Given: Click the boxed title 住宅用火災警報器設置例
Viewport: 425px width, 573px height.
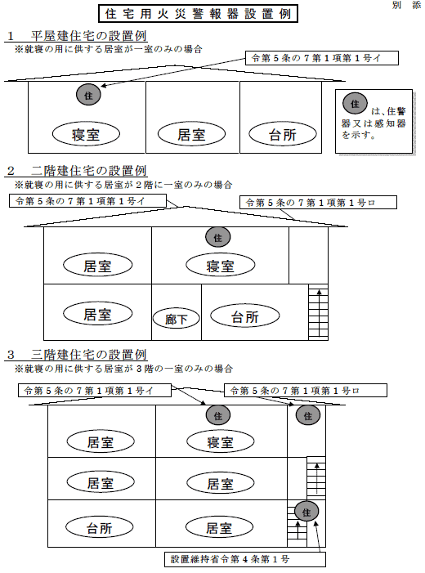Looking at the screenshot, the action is pos(198,14).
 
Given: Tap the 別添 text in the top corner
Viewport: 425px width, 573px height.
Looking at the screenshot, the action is pos(406,5).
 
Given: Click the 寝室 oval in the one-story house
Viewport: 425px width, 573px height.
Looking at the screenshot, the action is pos(86,134).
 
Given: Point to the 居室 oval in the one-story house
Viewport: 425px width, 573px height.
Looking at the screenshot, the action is pos(191,134).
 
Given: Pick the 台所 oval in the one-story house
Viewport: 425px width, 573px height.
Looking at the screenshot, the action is pos(283,134).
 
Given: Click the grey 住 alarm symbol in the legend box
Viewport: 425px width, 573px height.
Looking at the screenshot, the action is pos(355,104).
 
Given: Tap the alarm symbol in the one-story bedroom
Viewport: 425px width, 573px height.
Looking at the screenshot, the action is pos(88,95).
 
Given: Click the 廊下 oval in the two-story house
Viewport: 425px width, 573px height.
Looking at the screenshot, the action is pos(177,319).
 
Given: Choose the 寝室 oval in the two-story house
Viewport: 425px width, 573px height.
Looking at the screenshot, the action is pos(221,266).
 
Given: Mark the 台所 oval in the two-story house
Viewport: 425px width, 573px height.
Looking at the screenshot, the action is pos(245,316).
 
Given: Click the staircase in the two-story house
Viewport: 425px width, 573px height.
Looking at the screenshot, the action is pos(318,312).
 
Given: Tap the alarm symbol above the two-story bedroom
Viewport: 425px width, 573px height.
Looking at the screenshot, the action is pos(217,237).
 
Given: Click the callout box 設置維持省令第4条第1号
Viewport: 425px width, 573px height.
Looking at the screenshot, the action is pos(245,559).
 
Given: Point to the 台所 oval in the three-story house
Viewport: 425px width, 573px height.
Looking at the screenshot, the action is pos(100,527).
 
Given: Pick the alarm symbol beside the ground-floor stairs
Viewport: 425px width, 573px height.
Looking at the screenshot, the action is pos(306,512).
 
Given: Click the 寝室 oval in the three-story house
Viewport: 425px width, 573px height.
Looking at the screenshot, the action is pos(221,442).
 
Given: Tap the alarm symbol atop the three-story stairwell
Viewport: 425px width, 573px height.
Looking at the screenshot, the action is pos(308,415).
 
